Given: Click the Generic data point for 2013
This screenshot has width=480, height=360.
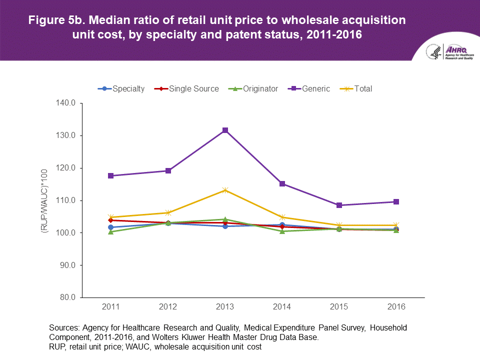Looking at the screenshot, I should coord(225,130).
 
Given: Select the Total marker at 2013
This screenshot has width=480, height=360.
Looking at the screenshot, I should coord(225,190).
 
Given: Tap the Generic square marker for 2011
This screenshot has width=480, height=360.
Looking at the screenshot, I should coord(111,175).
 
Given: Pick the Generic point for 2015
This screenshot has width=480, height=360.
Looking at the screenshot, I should coord(339,205).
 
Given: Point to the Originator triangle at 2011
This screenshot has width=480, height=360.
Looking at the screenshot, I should coord(111,231).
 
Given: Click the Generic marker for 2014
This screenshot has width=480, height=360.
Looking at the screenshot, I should coord(282,184).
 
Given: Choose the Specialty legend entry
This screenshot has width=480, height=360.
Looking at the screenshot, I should coord(121,89).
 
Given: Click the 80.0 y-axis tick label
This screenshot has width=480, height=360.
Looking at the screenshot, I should coord(66,297).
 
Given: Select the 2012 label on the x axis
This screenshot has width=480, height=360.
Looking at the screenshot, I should coord(168,306).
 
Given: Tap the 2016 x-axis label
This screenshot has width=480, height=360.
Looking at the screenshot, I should coord(396,306).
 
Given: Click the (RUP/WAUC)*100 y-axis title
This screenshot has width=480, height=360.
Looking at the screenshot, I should coord(44,200).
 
